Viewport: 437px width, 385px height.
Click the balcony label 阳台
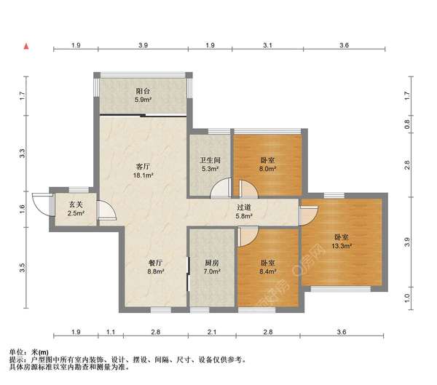coord(143,91)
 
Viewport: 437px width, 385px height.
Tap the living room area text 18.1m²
coord(143,175)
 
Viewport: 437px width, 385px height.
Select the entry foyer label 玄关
coord(76,205)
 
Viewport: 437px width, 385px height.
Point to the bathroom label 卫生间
coord(210,160)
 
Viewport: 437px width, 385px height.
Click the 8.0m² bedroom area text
coord(267,169)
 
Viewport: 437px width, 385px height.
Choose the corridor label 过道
coord(244,207)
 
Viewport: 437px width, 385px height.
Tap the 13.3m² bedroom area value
coord(342,246)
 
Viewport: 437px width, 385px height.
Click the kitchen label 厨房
coord(212,263)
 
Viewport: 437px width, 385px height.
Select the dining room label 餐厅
coord(155,263)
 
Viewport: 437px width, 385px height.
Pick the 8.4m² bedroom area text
coord(267,271)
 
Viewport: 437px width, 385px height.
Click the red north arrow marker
coord(26,47)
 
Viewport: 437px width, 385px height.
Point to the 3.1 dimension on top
coord(267,45)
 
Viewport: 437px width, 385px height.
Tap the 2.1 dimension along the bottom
coord(212,332)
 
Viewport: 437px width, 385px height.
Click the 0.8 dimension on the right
coord(407,124)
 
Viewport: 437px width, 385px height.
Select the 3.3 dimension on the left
coord(23,154)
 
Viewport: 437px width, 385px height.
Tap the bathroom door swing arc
coord(221,188)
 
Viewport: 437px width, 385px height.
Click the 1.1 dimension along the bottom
coord(111,332)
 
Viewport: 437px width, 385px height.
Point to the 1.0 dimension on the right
coord(407,298)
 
